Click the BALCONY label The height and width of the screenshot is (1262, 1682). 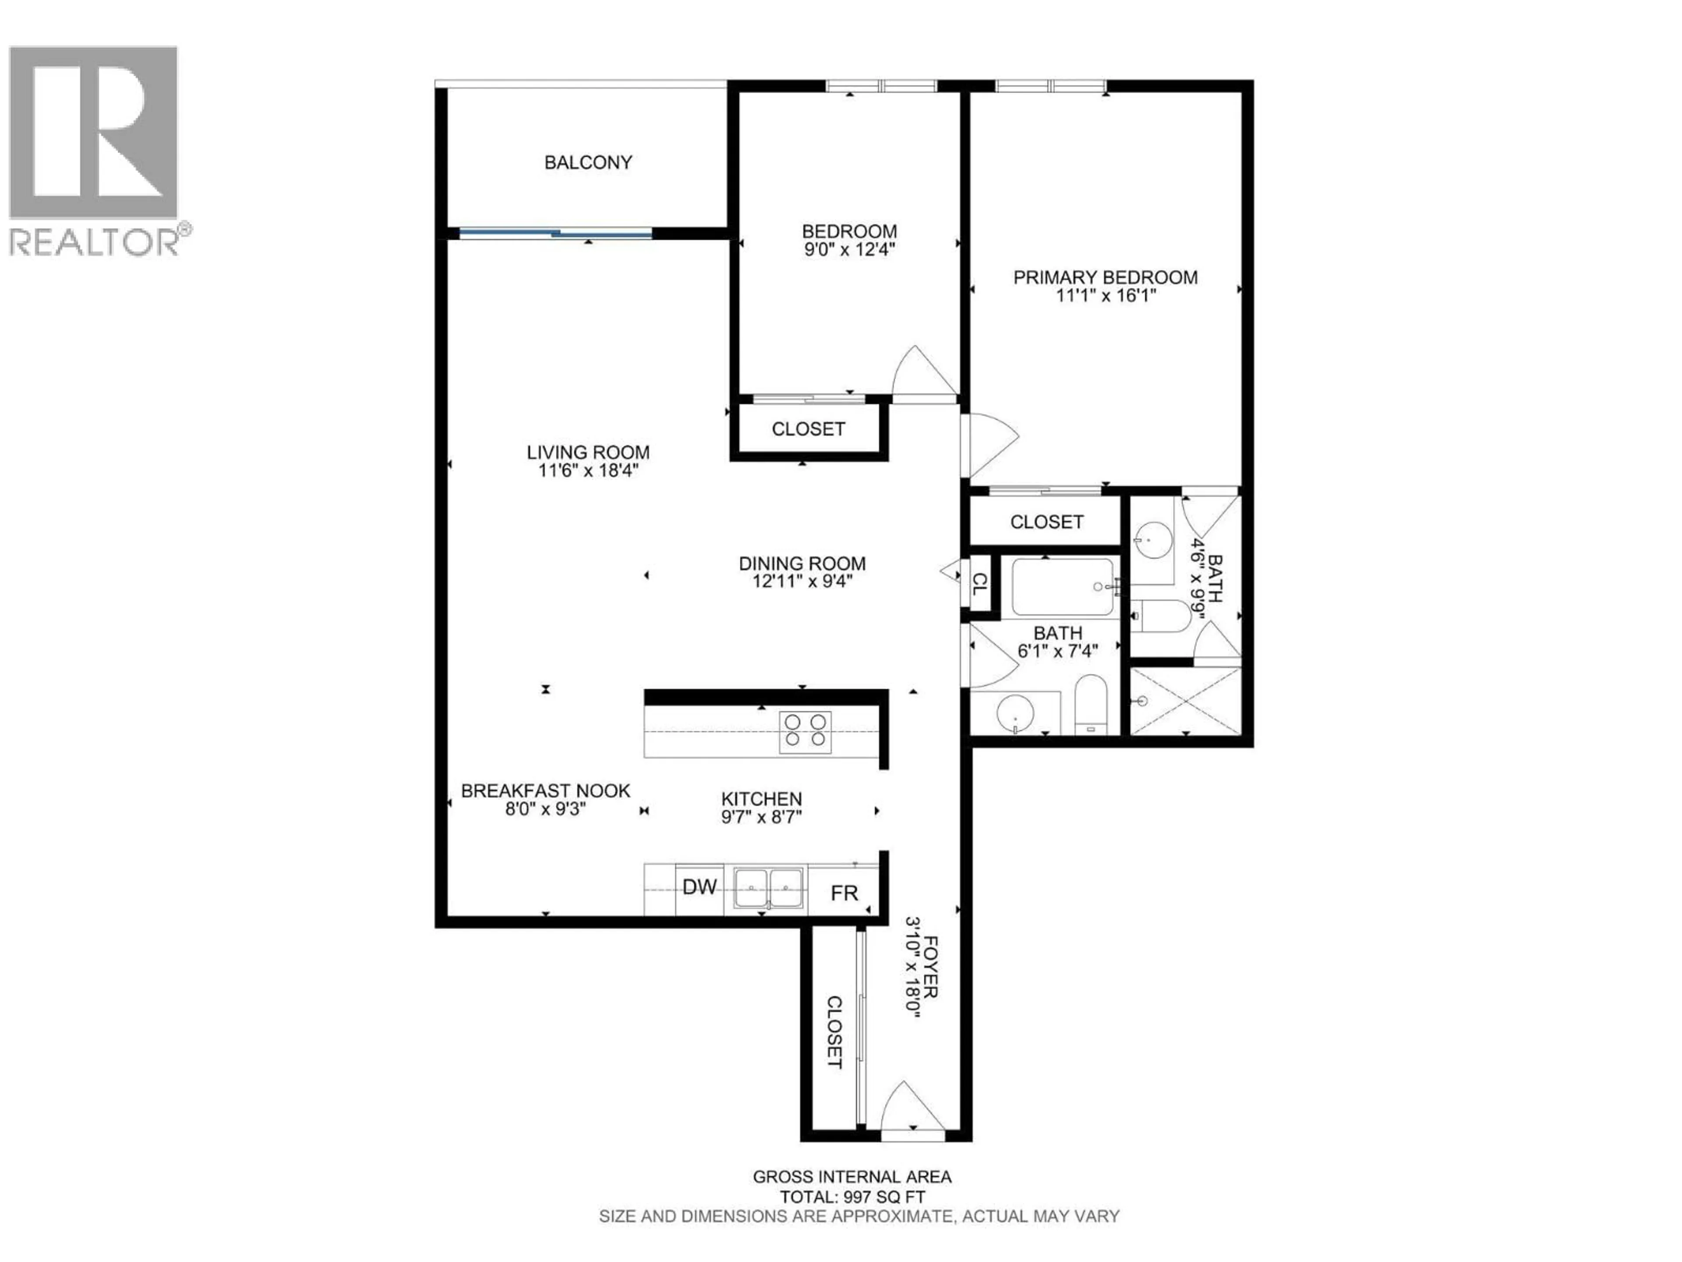point(588,162)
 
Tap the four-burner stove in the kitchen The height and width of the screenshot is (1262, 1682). point(805,732)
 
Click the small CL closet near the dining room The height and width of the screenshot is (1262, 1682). point(980,584)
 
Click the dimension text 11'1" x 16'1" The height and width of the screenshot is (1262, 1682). point(1106,295)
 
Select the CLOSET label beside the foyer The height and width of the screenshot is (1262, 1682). point(834,1032)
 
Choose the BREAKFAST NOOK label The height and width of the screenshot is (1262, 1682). point(545,791)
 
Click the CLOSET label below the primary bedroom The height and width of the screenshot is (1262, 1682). point(1046,522)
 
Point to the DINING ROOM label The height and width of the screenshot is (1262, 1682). point(802,564)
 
